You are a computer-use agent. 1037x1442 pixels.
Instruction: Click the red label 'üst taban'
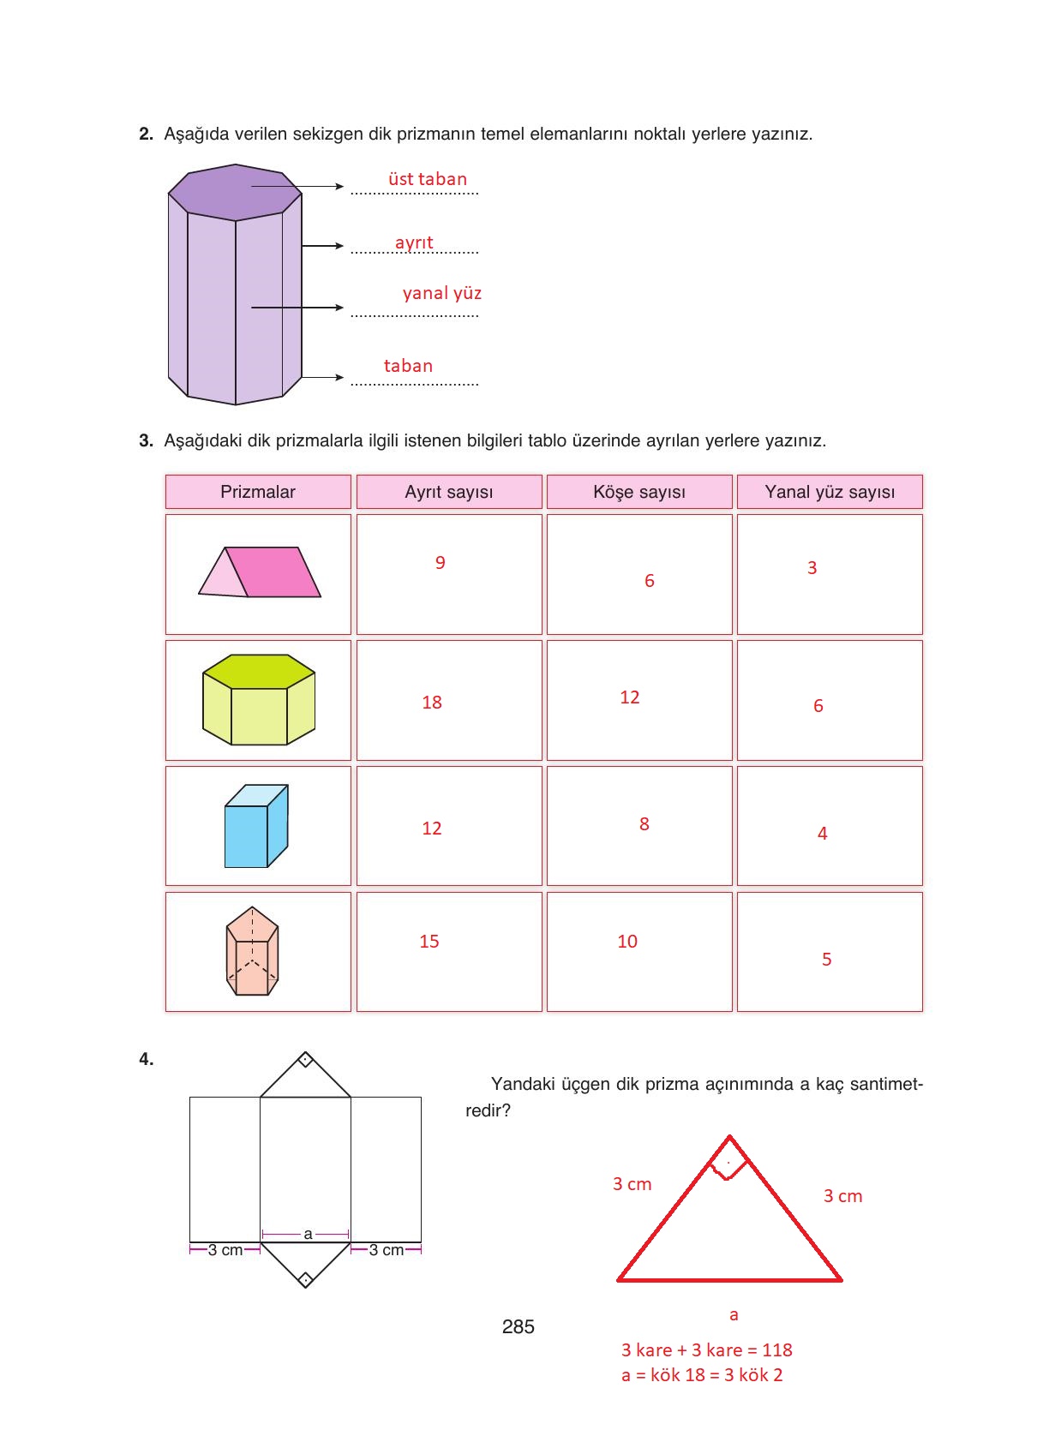[x=427, y=179]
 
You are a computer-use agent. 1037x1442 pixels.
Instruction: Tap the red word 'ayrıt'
[x=414, y=242]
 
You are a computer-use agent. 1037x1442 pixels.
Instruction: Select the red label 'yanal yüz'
[x=441, y=293]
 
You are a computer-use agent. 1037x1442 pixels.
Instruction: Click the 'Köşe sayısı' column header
[x=638, y=492]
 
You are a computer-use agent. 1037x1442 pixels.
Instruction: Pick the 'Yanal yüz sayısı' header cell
[x=829, y=492]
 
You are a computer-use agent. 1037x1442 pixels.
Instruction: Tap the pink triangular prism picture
[x=260, y=572]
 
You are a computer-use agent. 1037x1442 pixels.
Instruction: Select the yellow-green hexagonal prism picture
[x=259, y=700]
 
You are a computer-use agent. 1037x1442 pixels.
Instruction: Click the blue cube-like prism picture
[x=256, y=826]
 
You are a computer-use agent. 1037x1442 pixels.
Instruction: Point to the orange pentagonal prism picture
[x=253, y=951]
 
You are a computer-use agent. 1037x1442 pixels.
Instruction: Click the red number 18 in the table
[x=432, y=703]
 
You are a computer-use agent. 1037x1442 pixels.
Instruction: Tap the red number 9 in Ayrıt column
[x=441, y=563]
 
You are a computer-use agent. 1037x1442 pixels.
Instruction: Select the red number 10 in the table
[x=627, y=942]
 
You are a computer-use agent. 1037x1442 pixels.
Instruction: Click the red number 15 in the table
[x=429, y=942]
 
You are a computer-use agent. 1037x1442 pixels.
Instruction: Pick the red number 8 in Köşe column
[x=644, y=824]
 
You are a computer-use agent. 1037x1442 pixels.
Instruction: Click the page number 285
[x=518, y=1327]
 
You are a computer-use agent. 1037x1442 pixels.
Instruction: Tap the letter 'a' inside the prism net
[x=308, y=1234]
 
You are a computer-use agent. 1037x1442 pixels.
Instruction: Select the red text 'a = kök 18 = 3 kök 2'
[x=702, y=1375]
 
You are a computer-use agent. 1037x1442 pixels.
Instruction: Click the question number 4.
[x=146, y=1059]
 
